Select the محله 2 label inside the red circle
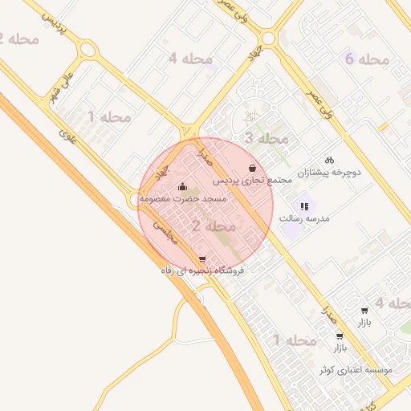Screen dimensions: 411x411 [x=214, y=226]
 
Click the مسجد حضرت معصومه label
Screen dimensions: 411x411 [x=183, y=197]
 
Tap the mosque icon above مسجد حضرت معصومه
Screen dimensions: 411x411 [x=182, y=186]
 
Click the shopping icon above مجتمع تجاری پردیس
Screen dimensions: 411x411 [x=254, y=168]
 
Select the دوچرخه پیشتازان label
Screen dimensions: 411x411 [x=330, y=172]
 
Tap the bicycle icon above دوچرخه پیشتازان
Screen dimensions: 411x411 [x=329, y=160]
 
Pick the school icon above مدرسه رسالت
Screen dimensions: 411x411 [x=304, y=206]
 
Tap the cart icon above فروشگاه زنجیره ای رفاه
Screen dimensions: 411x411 [x=201, y=259]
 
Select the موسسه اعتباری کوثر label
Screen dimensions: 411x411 [x=356, y=369]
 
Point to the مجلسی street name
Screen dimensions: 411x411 [x=165, y=232]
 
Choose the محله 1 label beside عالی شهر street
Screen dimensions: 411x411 [x=109, y=117]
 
